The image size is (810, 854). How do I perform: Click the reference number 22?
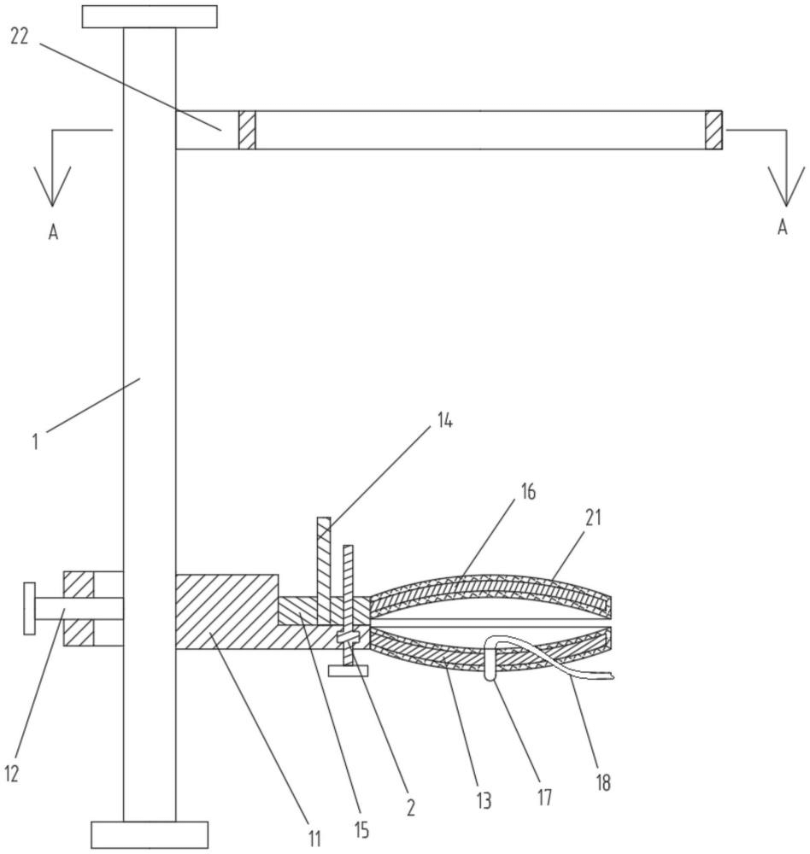coord(19,37)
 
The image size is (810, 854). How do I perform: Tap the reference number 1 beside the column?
coord(35,442)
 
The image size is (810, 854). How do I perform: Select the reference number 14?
coord(445,421)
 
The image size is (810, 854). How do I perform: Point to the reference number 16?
coord(528,492)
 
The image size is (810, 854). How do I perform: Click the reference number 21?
coord(593,517)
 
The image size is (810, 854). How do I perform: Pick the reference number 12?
coord(11,774)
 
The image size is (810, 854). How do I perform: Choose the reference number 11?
coord(314,839)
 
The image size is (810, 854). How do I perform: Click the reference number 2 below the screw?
coord(410,807)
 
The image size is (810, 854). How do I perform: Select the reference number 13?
coord(484,801)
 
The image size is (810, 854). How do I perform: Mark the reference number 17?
coord(544,798)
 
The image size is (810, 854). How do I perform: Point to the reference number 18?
coord(603,782)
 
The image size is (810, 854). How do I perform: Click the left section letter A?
coord(53,232)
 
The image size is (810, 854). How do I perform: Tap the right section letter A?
coord(783,226)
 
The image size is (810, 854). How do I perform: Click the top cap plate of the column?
coord(150,17)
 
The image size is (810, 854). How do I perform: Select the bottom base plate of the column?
coord(150,835)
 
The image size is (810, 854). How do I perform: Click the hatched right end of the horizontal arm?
coord(713,130)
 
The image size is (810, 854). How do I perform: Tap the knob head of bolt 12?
coord(29,608)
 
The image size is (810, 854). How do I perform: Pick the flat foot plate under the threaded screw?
coord(349,670)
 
